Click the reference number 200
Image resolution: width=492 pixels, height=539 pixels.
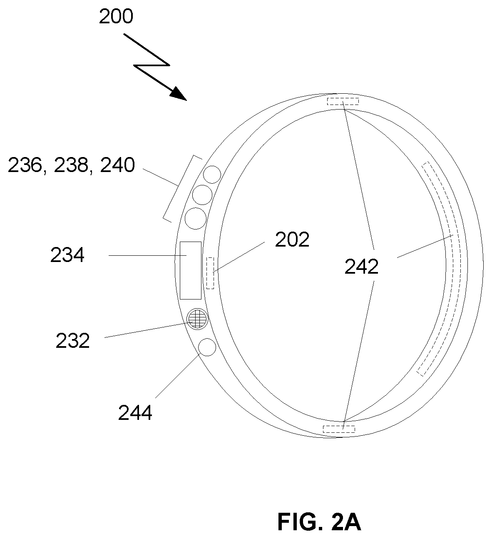pyautogui.click(x=116, y=17)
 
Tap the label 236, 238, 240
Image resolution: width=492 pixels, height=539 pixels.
pyautogui.click(x=71, y=165)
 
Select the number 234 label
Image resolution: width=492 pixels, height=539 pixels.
pyautogui.click(x=67, y=255)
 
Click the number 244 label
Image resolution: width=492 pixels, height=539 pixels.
pyautogui.click(x=135, y=413)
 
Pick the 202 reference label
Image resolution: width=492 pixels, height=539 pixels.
pyautogui.click(x=292, y=240)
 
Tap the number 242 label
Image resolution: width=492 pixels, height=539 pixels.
pyautogui.click(x=361, y=267)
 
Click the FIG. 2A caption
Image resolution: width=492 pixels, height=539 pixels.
pyautogui.click(x=319, y=522)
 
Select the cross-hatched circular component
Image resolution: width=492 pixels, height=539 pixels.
pyautogui.click(x=198, y=319)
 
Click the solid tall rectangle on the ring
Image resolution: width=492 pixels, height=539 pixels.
pyautogui.click(x=190, y=271)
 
